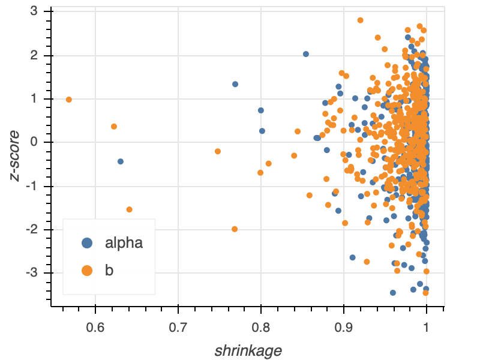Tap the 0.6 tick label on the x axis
coord(95,328)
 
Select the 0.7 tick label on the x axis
coord(178,328)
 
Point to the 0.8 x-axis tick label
coord(261,328)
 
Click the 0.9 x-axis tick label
coord(344,328)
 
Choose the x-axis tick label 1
coord(427,328)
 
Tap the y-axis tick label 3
coord(35,11)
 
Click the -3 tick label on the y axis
coord(32,273)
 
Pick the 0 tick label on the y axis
coord(35,142)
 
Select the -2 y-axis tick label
coord(32,230)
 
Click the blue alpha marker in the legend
coord(88,243)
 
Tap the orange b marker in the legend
coord(88,271)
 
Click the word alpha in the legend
coord(124,243)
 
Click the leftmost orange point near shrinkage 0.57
coord(69,100)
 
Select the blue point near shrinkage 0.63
coord(121,161)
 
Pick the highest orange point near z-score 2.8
coord(361,20)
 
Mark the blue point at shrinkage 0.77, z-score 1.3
coord(235,84)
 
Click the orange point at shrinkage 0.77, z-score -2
coord(235,229)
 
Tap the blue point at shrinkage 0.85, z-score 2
coord(306,54)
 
